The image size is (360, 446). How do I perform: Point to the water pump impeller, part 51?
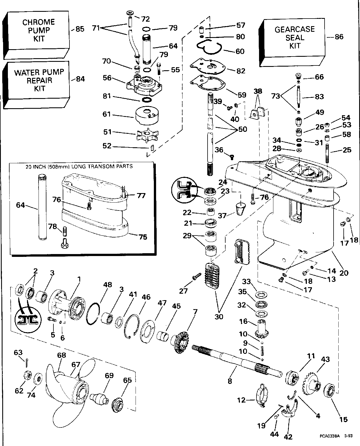[x=147, y=135]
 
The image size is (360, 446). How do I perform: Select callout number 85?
[x=80, y=29]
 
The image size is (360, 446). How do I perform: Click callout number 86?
[x=339, y=37]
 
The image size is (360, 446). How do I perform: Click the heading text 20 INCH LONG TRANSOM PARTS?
[x=79, y=166]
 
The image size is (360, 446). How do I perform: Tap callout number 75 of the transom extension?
[x=143, y=237]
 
